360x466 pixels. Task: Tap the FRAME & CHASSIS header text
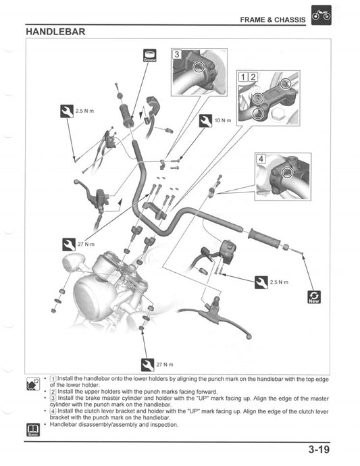(x=273, y=20)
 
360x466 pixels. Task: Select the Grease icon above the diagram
(x=150, y=55)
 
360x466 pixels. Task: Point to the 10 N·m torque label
(x=222, y=120)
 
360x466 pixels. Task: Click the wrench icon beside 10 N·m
(x=206, y=120)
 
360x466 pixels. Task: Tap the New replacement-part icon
(x=313, y=297)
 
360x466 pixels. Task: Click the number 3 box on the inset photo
(x=177, y=55)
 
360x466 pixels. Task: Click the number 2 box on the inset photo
(x=253, y=76)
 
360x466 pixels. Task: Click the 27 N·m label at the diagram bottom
(x=164, y=364)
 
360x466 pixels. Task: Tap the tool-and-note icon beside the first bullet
(x=32, y=383)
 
